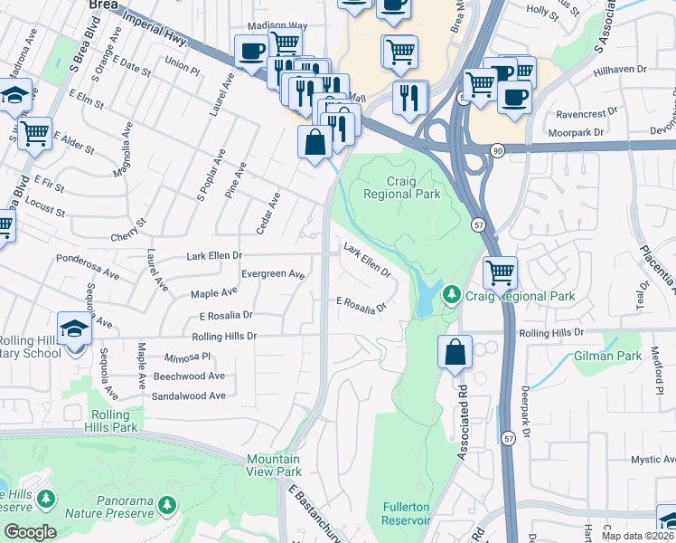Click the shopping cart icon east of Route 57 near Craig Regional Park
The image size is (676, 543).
coord(500,271)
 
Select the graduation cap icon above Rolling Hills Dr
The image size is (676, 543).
coord(74,328)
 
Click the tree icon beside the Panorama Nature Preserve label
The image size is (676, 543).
coord(165,503)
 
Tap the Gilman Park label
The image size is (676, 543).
coord(607,357)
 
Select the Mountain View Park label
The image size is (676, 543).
coord(274,465)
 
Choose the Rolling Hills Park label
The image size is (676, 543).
coord(114,420)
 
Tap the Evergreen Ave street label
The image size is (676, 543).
coord(273,273)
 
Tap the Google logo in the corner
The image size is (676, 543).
coord(30,532)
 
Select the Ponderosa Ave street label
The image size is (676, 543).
coord(87,271)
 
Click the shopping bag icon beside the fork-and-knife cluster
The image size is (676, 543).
coord(315,143)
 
